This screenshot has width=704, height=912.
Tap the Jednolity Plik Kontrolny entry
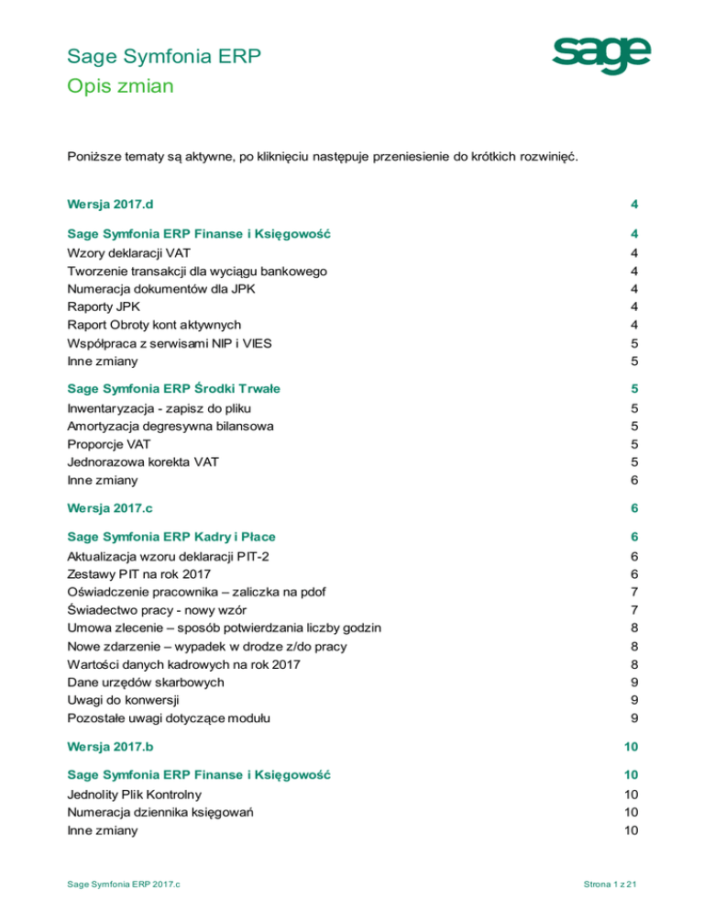pyautogui.click(x=135, y=794)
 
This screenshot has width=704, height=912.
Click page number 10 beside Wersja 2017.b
pyautogui.click(x=631, y=747)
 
